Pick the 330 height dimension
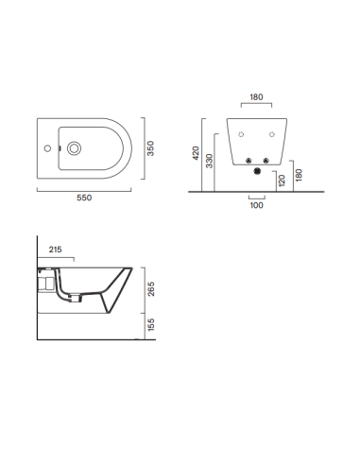(210, 163)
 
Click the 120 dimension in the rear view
(280, 180)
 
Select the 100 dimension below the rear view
(255, 205)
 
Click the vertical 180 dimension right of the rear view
(299, 175)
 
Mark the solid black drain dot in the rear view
(255, 171)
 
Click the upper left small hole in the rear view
(243, 132)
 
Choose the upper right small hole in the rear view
(268, 132)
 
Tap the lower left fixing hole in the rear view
(246, 158)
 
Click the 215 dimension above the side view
(55, 250)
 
